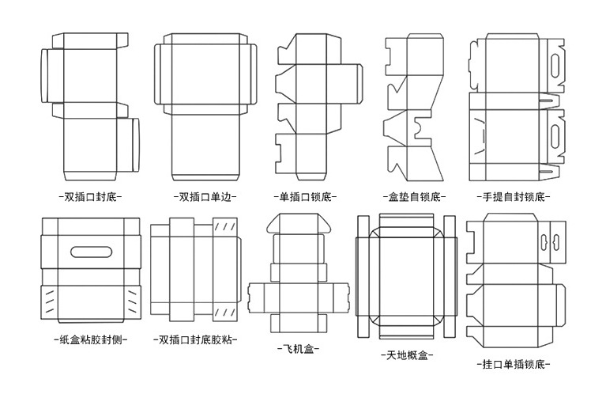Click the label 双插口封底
click(x=90, y=197)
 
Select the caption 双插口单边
click(x=205, y=197)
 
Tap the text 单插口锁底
click(x=305, y=197)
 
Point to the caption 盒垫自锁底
click(x=414, y=197)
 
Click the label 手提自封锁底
click(x=514, y=197)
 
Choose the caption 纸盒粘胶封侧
click(x=91, y=340)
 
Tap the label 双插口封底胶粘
click(x=195, y=340)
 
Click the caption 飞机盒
click(x=298, y=349)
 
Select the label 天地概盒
click(x=407, y=355)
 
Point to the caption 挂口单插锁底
click(x=514, y=364)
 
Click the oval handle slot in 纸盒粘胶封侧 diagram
click(x=91, y=252)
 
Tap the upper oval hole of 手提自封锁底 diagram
click(x=555, y=65)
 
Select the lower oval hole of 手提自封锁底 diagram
click(x=555, y=135)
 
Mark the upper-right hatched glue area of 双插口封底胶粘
click(x=225, y=227)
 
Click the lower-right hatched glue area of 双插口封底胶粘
click(x=225, y=313)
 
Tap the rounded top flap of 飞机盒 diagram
click(x=299, y=223)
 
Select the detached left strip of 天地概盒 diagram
click(x=363, y=276)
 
